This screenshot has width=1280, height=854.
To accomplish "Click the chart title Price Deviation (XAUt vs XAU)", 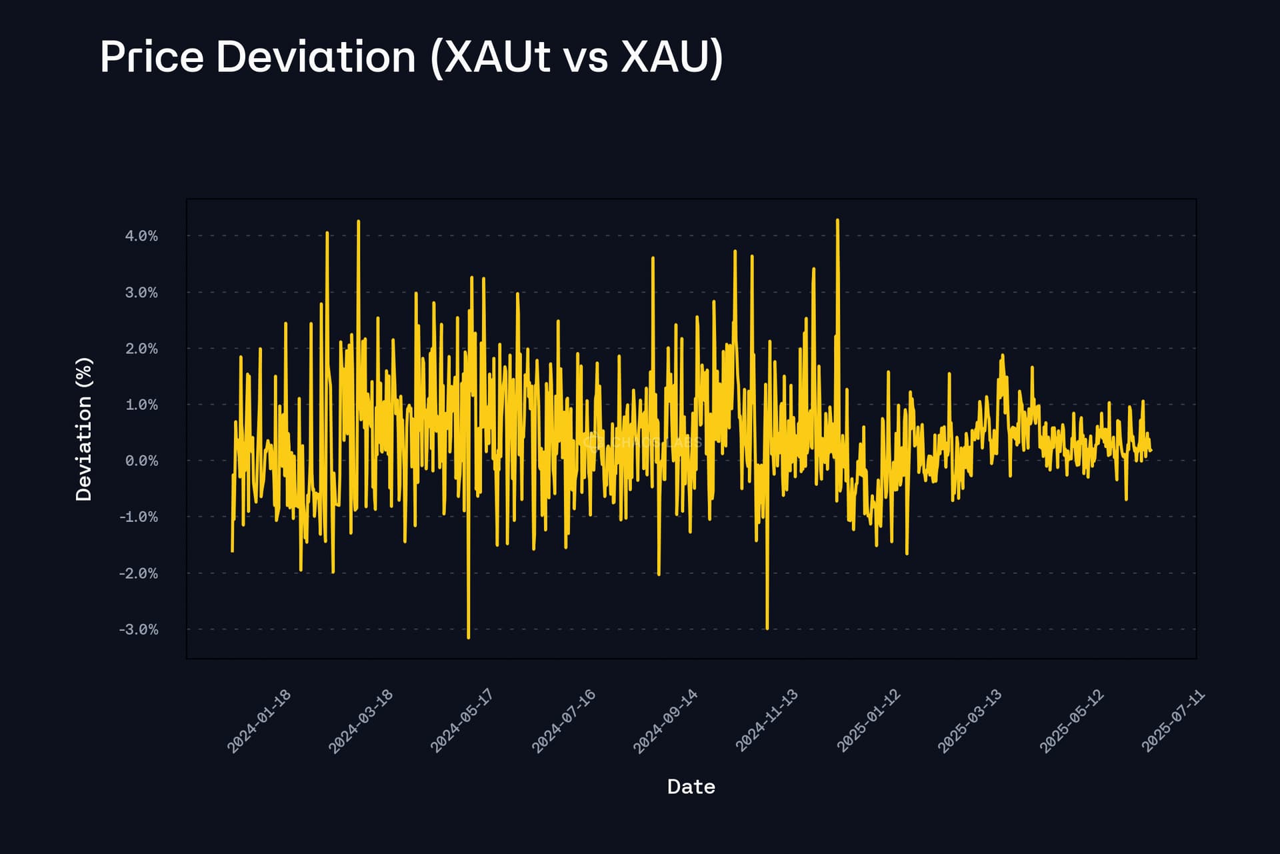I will click(x=411, y=57).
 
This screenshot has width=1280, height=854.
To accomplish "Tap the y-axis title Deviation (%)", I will click(x=84, y=429).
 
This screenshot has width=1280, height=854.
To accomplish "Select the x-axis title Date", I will click(x=691, y=787).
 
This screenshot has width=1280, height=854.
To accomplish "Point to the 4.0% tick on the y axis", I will click(x=141, y=236).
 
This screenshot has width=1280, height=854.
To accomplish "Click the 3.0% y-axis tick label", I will click(x=141, y=293).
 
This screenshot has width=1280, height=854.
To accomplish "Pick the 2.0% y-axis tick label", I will click(x=141, y=349).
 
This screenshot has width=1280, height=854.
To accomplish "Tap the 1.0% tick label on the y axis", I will click(x=141, y=405).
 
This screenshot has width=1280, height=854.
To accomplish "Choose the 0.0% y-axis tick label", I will click(x=141, y=461).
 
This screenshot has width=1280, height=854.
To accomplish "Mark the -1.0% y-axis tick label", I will click(x=139, y=517).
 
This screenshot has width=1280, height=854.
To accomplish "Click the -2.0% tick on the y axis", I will click(x=139, y=573).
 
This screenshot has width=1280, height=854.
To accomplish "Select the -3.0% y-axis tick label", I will click(x=139, y=629).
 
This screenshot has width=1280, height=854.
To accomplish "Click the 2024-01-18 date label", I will click(x=259, y=721).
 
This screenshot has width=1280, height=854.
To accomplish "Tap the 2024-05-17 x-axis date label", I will click(x=462, y=721).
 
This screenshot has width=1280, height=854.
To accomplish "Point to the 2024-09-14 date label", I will click(x=665, y=721).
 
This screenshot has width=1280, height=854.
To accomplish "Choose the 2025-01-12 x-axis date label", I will click(x=869, y=721).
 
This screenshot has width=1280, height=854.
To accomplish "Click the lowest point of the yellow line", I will click(x=469, y=638).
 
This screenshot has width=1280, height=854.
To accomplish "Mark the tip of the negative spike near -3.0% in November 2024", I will click(x=767, y=628).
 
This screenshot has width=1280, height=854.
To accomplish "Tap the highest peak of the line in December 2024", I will click(x=837, y=220).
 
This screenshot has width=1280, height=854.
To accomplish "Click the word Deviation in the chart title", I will click(x=316, y=57).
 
